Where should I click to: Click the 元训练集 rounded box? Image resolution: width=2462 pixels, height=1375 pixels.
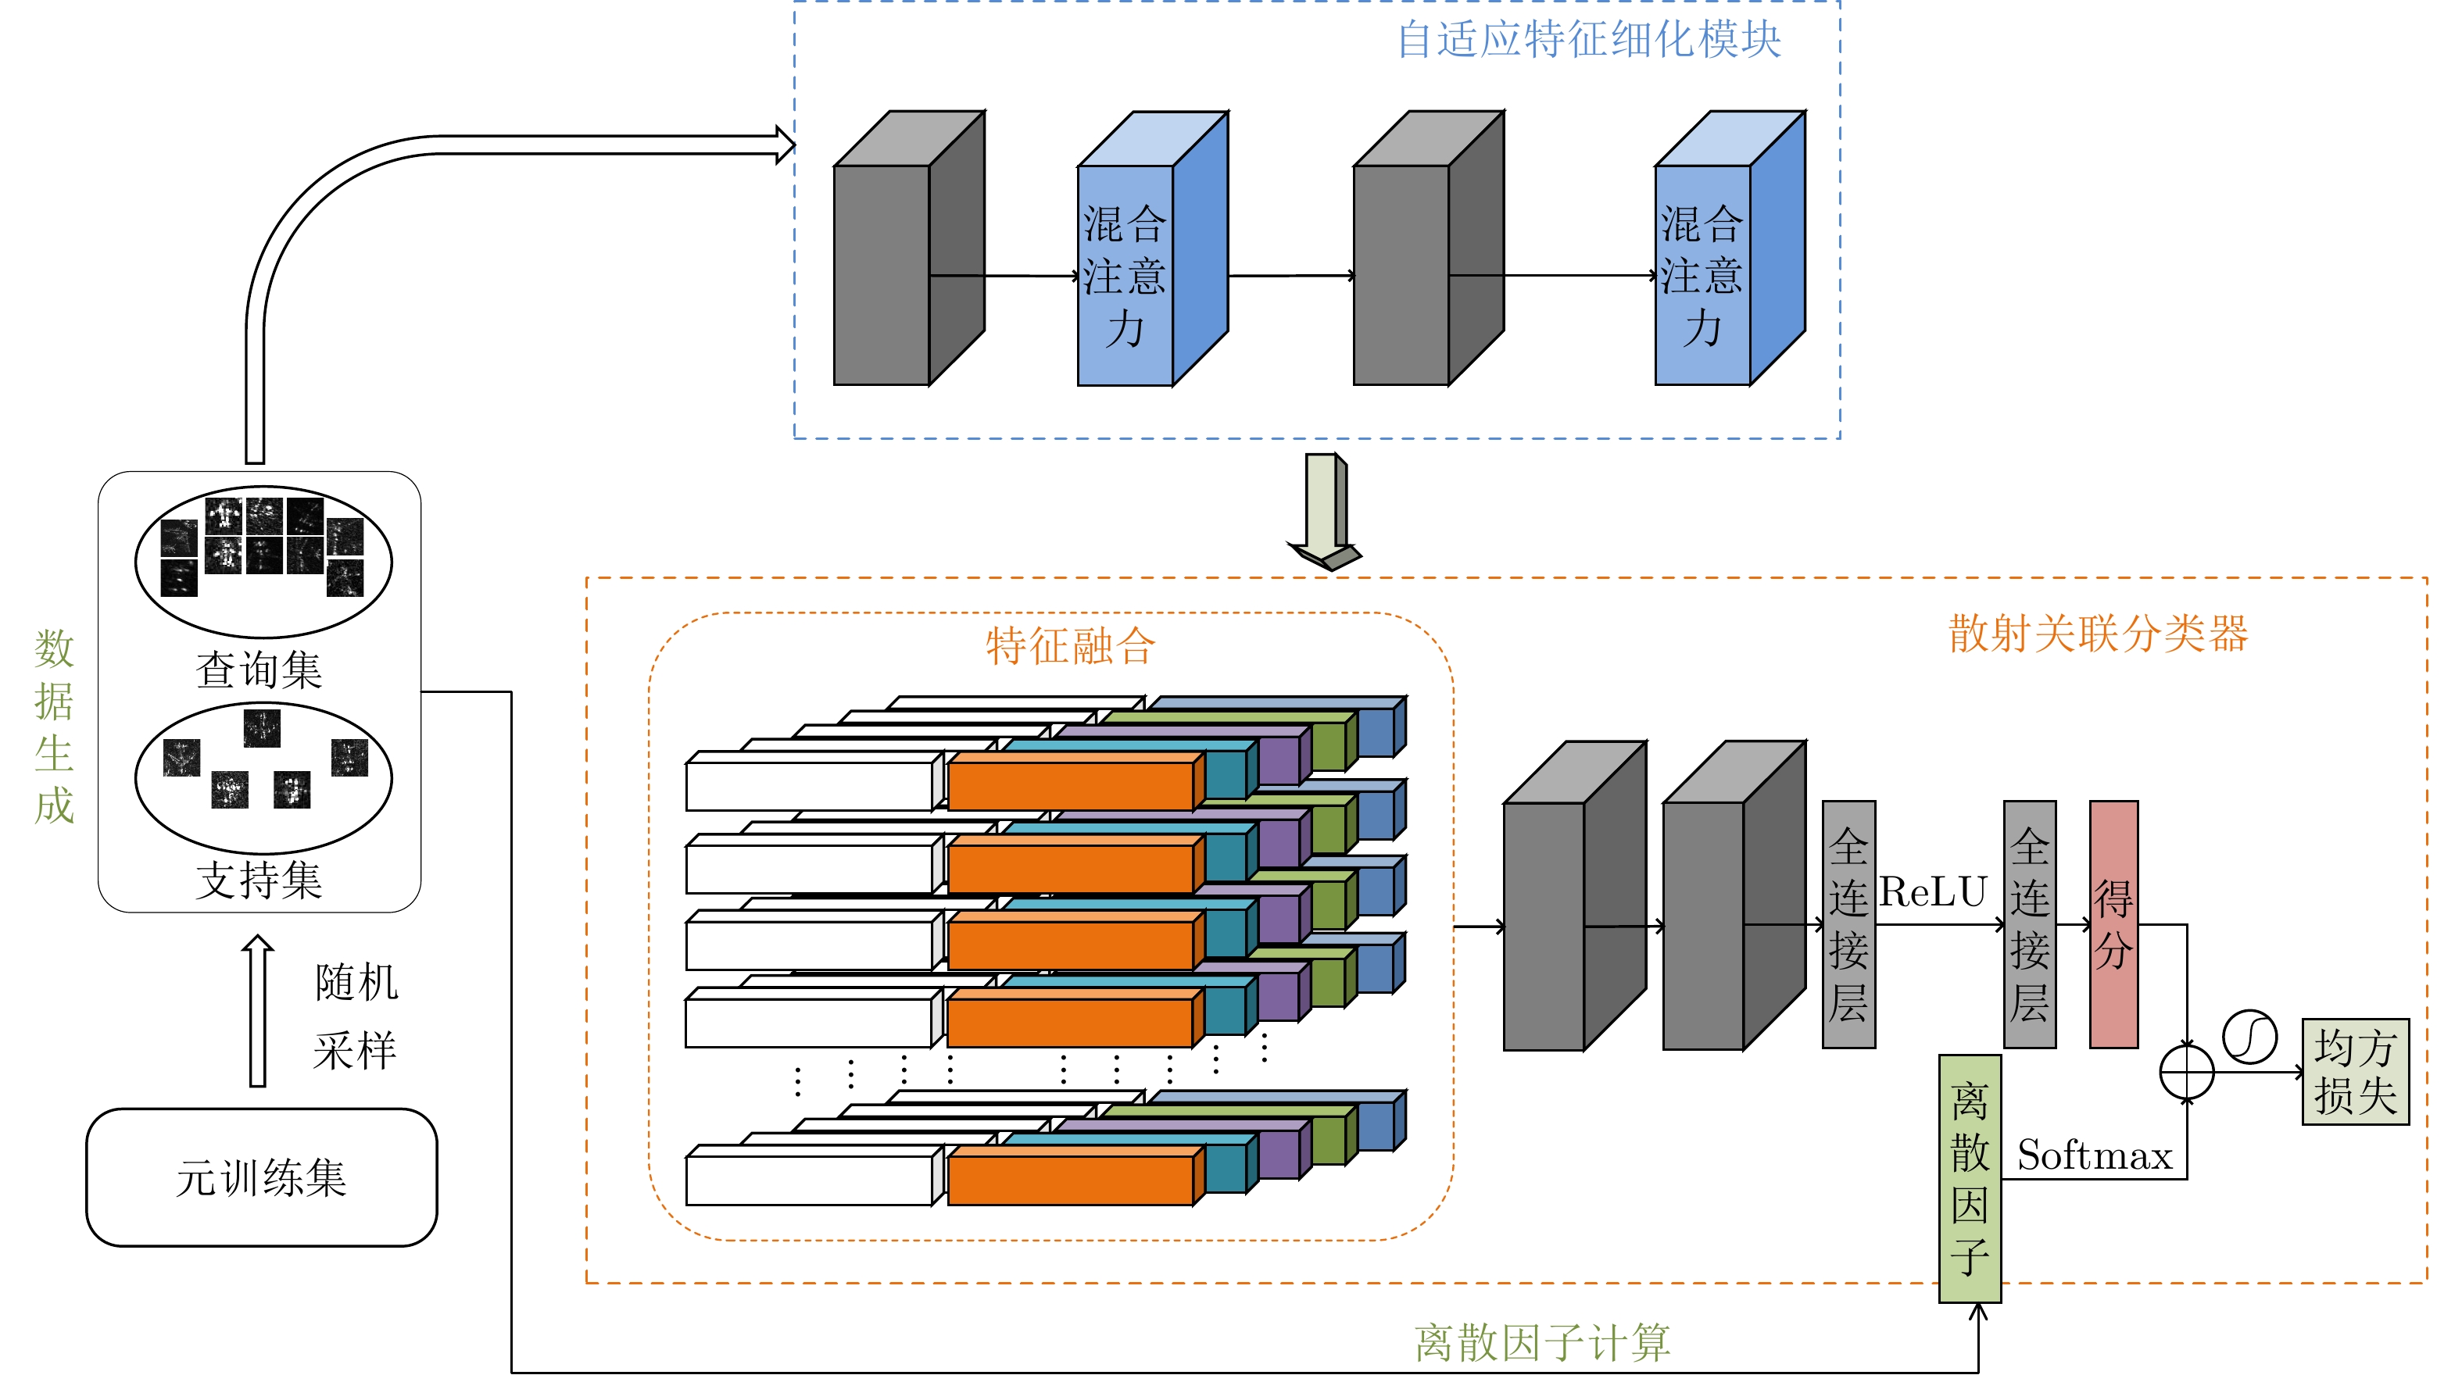[261, 1177]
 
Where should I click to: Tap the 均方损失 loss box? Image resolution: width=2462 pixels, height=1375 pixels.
[2355, 1072]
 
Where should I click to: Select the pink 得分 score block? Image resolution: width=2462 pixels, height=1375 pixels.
[2113, 924]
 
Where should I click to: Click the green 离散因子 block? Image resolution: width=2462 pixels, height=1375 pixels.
[1969, 1178]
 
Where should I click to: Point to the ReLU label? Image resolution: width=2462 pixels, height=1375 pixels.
[1933, 892]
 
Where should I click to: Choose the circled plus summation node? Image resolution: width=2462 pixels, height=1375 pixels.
[2187, 1072]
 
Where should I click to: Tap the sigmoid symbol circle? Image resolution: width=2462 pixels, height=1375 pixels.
[2250, 1037]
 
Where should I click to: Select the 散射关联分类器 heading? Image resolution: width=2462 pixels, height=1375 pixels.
[2098, 634]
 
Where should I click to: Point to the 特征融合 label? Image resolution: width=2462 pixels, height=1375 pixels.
[1071, 646]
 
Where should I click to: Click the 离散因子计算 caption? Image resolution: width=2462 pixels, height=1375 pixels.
[1541, 1342]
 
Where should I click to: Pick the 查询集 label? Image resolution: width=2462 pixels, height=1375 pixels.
[259, 670]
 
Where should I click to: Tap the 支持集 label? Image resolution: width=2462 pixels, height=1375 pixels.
[259, 880]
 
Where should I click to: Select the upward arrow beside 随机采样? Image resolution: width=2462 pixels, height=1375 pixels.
[257, 1011]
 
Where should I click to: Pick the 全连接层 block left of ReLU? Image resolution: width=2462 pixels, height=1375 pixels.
[1848, 924]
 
